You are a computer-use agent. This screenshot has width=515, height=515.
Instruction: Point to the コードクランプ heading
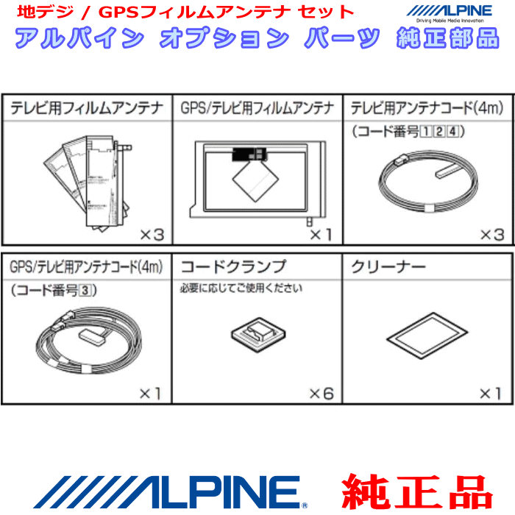click(x=233, y=266)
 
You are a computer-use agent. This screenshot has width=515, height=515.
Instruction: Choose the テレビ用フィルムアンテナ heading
click(x=87, y=109)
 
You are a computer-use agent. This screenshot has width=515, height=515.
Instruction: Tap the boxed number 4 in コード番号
click(x=454, y=132)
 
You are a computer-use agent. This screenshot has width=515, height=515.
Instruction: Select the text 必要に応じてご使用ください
click(x=241, y=288)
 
